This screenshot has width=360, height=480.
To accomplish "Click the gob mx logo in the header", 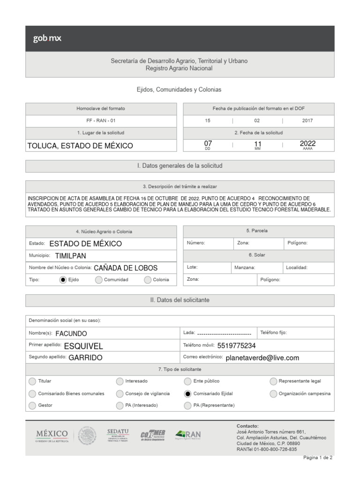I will click(47, 38).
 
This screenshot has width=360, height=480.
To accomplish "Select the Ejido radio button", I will click(63, 280).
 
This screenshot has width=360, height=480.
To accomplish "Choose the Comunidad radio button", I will click(98, 280).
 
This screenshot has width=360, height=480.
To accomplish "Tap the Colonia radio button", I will click(148, 280).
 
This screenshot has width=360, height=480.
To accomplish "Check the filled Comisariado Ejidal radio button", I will click(187, 394).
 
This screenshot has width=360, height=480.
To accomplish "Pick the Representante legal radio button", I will click(273, 381).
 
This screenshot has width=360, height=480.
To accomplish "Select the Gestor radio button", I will click(32, 405).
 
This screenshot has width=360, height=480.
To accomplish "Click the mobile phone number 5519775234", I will click(237, 346).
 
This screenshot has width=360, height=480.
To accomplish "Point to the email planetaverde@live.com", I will click(262, 358).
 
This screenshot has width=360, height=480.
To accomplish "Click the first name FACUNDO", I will click(71, 334).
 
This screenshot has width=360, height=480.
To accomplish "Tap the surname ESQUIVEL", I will click(83, 346).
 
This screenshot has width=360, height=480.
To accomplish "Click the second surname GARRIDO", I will click(85, 358).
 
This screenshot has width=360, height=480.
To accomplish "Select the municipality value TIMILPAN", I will click(70, 256).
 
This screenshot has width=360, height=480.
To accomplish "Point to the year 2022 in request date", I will click(307, 143).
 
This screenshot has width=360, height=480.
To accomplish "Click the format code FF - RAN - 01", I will click(101, 120).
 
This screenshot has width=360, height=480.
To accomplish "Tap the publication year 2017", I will click(307, 120).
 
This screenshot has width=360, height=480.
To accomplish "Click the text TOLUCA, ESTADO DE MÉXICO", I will click(80, 146).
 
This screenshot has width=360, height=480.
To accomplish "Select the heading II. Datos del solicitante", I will click(180, 300).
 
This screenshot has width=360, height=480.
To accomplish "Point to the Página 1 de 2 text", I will click(318, 458).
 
